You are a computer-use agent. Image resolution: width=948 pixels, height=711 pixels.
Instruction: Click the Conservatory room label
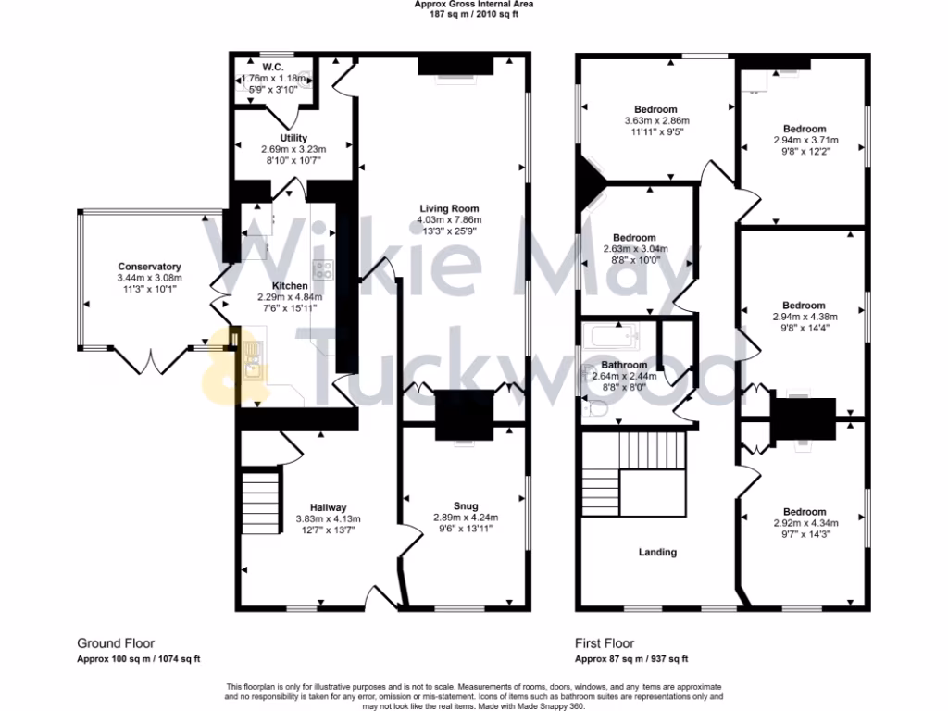[x=149, y=267]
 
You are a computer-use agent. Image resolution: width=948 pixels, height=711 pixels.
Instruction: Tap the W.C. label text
[x=272, y=68]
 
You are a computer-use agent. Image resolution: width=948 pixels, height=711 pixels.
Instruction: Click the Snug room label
[x=465, y=506]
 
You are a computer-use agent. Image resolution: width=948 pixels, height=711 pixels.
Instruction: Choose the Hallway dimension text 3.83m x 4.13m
[x=328, y=519]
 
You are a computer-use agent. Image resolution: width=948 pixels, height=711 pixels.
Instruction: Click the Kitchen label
[x=289, y=286]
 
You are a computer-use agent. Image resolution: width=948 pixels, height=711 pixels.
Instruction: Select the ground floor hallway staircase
[x=261, y=499]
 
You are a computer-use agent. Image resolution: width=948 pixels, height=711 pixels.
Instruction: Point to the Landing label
[x=658, y=552]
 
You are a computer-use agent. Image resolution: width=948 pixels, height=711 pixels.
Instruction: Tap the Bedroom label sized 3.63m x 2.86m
[x=655, y=109]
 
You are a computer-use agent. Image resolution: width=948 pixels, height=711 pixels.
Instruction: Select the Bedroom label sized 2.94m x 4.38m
[x=804, y=306]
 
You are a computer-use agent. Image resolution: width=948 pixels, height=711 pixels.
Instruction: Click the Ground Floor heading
[x=115, y=643]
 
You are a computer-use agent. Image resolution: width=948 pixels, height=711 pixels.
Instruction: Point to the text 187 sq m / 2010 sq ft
[x=474, y=14]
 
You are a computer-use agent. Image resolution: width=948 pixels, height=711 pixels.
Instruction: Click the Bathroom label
[x=624, y=365]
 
